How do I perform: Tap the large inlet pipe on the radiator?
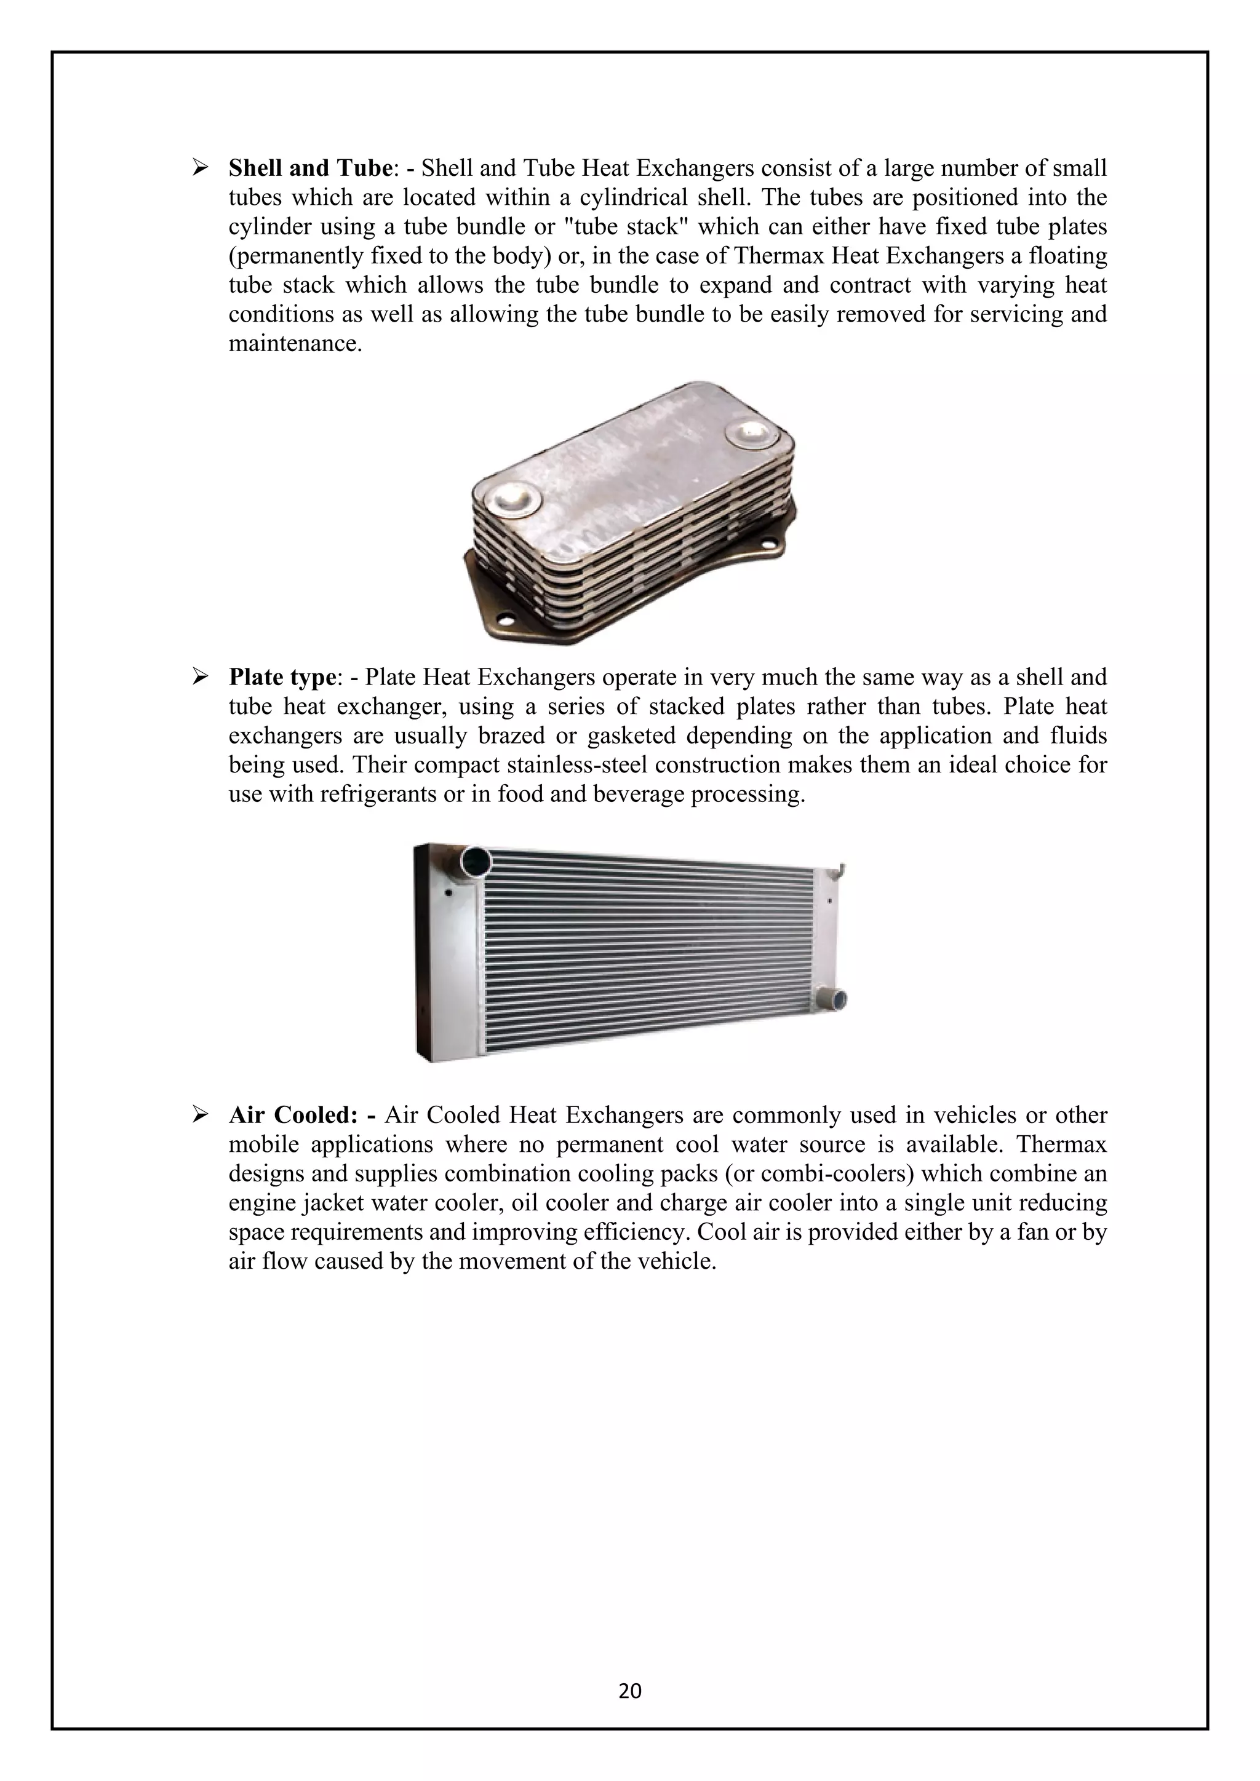tap(475, 862)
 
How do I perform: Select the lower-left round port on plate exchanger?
tap(514, 499)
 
